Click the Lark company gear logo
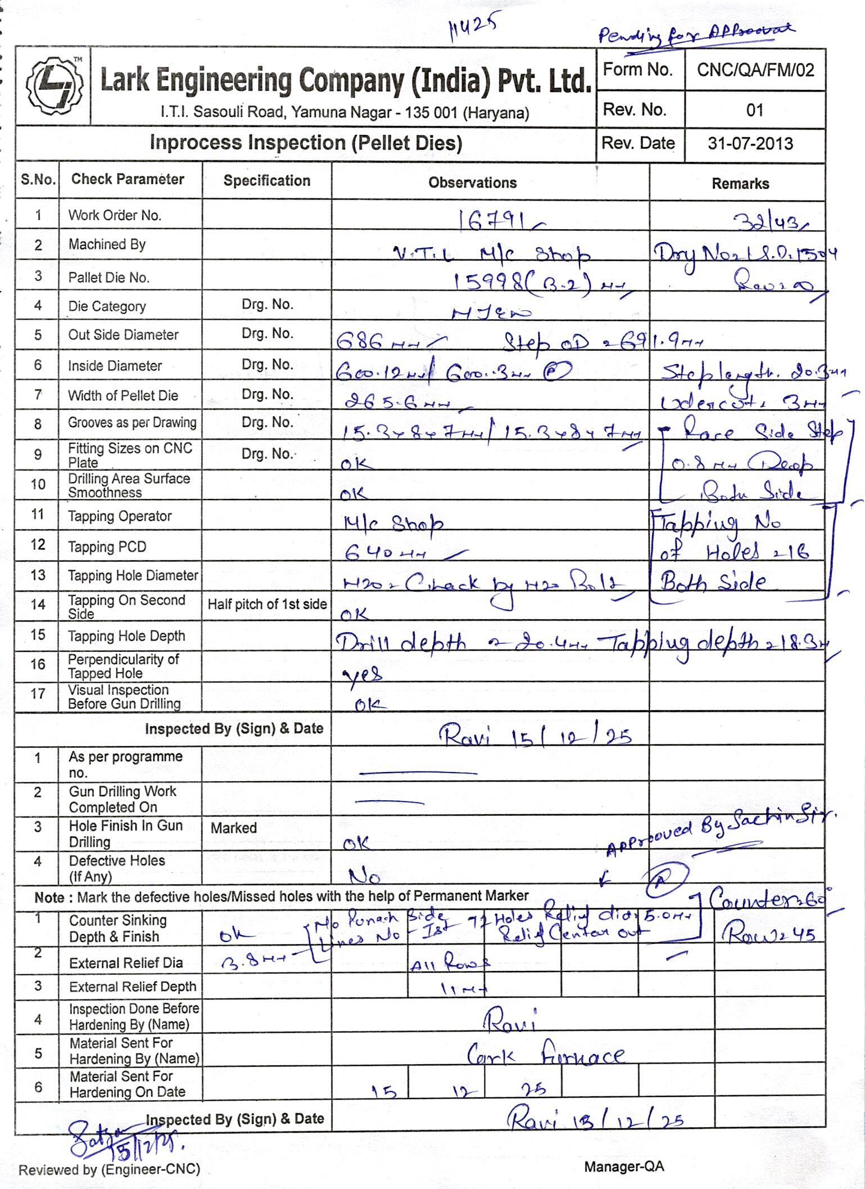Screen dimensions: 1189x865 tap(53, 87)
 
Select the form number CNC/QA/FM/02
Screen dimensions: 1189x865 tap(755, 70)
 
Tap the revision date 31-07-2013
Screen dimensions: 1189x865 tap(750, 144)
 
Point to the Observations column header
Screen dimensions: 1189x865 tap(472, 183)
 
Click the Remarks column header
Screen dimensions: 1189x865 tap(740, 184)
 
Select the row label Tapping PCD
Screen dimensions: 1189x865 tap(107, 547)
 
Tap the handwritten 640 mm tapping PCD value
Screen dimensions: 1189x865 tap(388, 554)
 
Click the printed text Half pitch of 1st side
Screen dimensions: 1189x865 tap(267, 605)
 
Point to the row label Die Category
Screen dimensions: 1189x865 tap(107, 306)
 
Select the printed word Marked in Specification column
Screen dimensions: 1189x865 tap(233, 828)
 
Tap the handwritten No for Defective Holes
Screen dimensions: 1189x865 tap(364, 876)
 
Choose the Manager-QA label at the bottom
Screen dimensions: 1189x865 tap(624, 1167)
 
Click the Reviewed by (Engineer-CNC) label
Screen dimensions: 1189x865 tap(109, 1169)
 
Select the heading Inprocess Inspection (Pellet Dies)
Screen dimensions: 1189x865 tap(306, 143)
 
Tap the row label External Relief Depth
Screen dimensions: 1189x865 tap(133, 986)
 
